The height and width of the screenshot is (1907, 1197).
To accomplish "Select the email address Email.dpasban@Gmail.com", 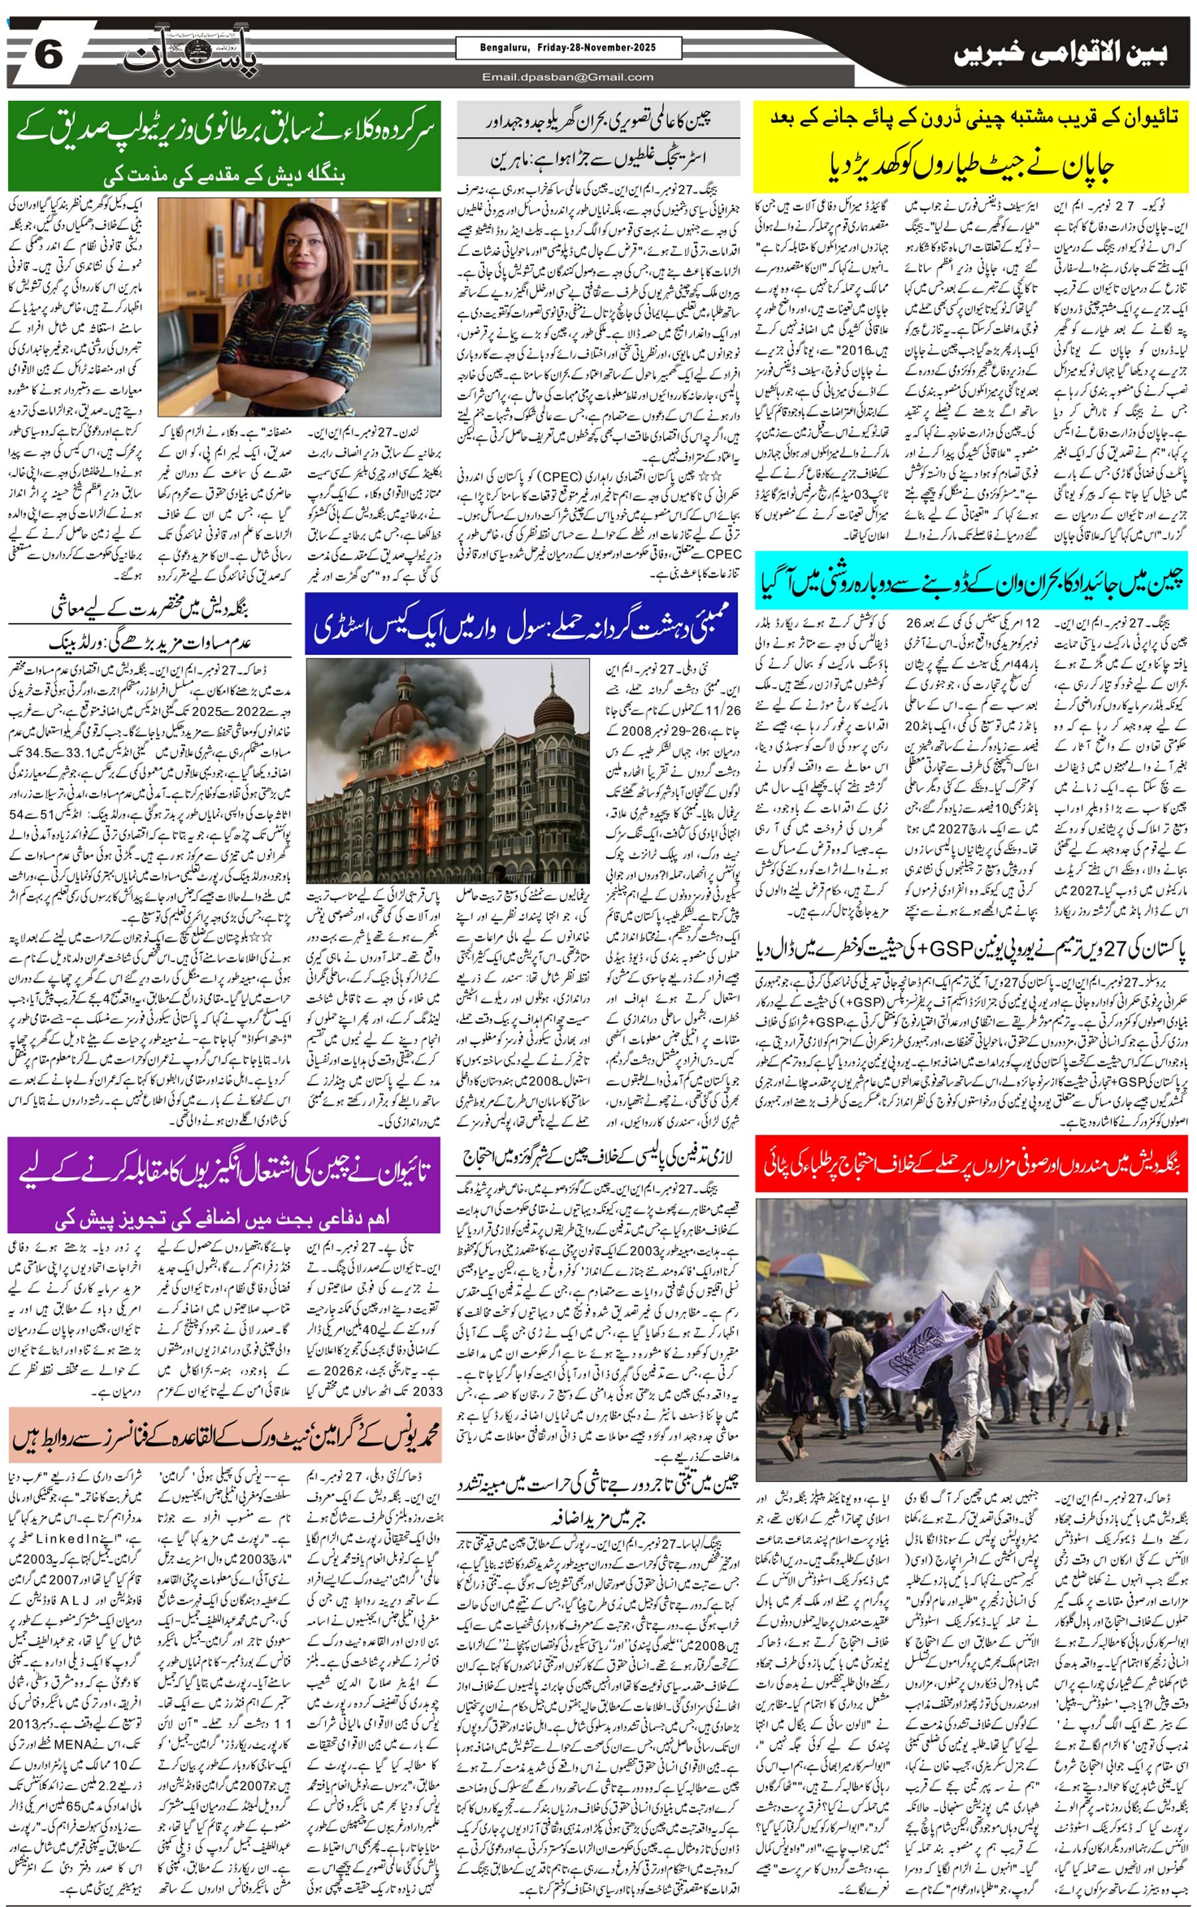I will coord(568,76).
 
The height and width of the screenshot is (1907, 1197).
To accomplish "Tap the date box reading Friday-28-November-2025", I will coord(568,49).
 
